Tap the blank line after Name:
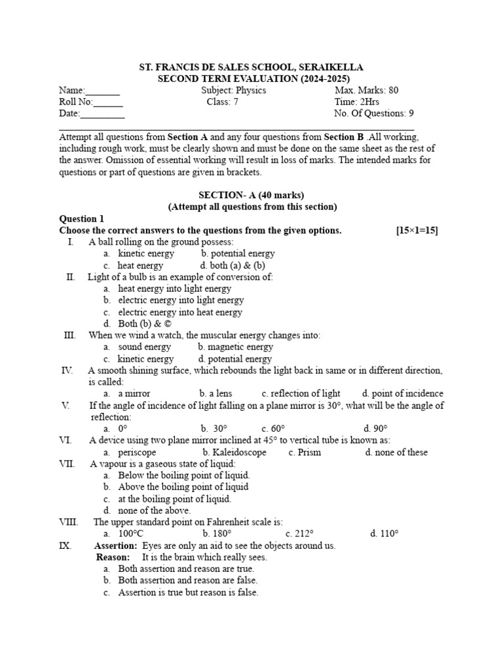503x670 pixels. [103, 92]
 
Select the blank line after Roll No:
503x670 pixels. [108, 103]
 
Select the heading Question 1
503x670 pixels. [82, 219]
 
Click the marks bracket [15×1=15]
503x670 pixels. [417, 230]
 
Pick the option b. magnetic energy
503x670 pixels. [235, 347]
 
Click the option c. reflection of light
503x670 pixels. [301, 393]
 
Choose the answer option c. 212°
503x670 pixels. [300, 533]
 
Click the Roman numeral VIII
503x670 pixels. [69, 521]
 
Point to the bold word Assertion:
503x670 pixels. [116, 545]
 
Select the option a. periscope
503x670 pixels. [130, 452]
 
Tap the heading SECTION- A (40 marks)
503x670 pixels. [252, 195]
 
